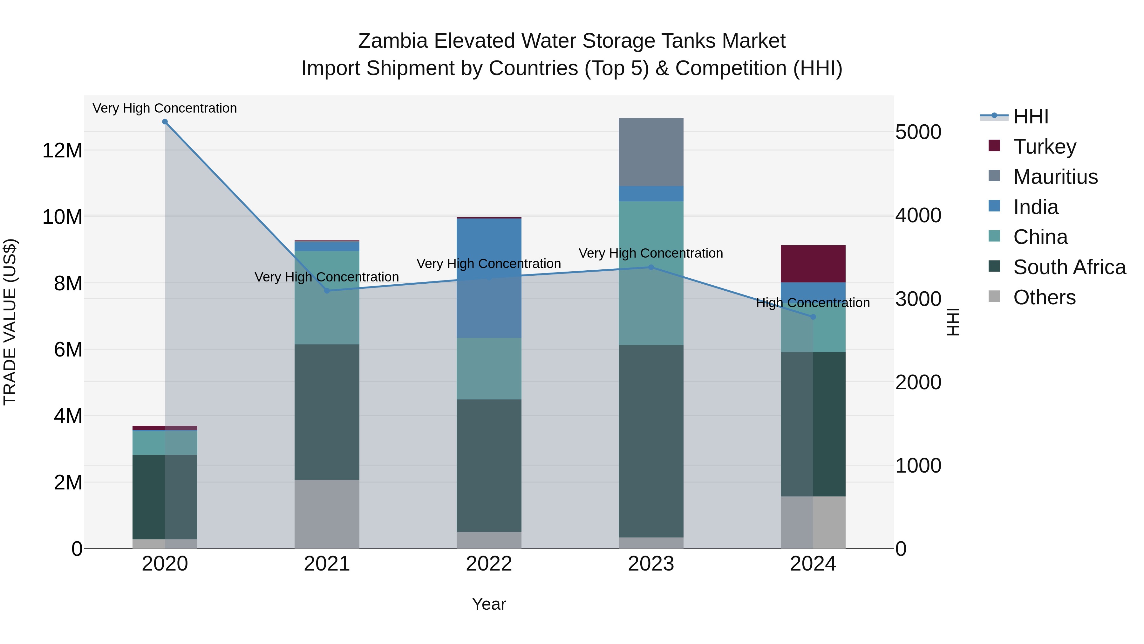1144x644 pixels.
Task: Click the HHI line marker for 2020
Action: (x=165, y=122)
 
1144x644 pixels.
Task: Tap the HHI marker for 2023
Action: (x=651, y=267)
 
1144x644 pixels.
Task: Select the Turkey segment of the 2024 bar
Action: (x=813, y=264)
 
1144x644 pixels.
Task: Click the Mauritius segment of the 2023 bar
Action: (x=651, y=152)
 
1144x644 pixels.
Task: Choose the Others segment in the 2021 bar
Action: (x=327, y=514)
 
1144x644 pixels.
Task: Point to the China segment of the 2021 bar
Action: (x=327, y=298)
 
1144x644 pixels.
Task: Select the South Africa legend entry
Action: (x=1069, y=267)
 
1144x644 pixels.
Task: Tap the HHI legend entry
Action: (x=1030, y=116)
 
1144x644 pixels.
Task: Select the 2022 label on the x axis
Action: (x=489, y=564)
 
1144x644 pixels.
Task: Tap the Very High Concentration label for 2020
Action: (x=165, y=108)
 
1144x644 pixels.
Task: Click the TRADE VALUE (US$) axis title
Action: (x=10, y=322)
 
